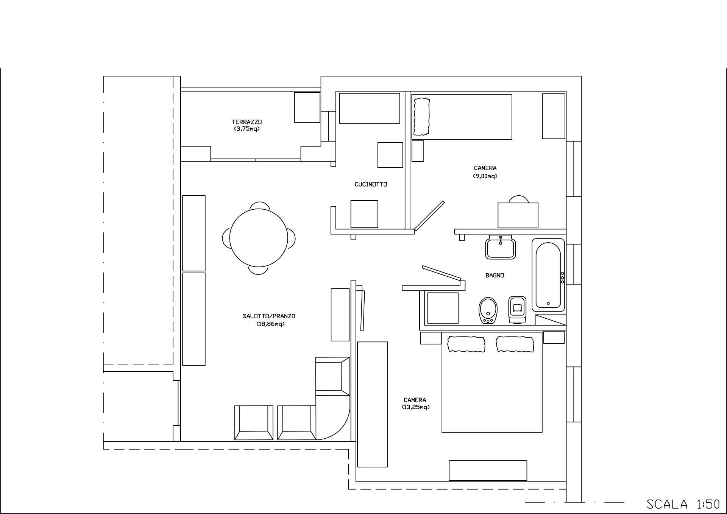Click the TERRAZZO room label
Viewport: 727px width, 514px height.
pyautogui.click(x=247, y=122)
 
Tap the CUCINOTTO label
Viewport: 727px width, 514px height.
pyautogui.click(x=371, y=184)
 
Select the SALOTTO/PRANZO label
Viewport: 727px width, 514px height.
pyautogui.click(x=269, y=316)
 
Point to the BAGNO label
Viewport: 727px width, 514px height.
pyautogui.click(x=495, y=275)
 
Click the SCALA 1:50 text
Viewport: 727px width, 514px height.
pyautogui.click(x=683, y=504)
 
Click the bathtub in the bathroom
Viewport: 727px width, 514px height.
pyautogui.click(x=548, y=275)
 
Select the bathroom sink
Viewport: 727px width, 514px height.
pyautogui.click(x=501, y=247)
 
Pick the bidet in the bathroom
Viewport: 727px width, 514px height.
pyautogui.click(x=488, y=310)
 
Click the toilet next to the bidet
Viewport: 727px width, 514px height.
pyautogui.click(x=518, y=310)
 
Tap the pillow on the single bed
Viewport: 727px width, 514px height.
pyautogui.click(x=422, y=117)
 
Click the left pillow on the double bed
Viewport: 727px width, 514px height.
pyautogui.click(x=466, y=344)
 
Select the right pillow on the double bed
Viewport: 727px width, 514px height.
pyautogui.click(x=515, y=344)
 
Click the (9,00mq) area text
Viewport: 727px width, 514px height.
pyautogui.click(x=485, y=176)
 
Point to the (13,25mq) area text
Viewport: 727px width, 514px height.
pyautogui.click(x=415, y=407)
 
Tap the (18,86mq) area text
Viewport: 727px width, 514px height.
pyautogui.click(x=270, y=324)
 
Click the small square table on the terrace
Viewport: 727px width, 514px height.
pyautogui.click(x=307, y=107)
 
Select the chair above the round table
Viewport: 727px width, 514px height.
pyautogui.click(x=260, y=206)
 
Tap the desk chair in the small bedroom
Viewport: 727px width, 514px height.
pyautogui.click(x=518, y=199)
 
